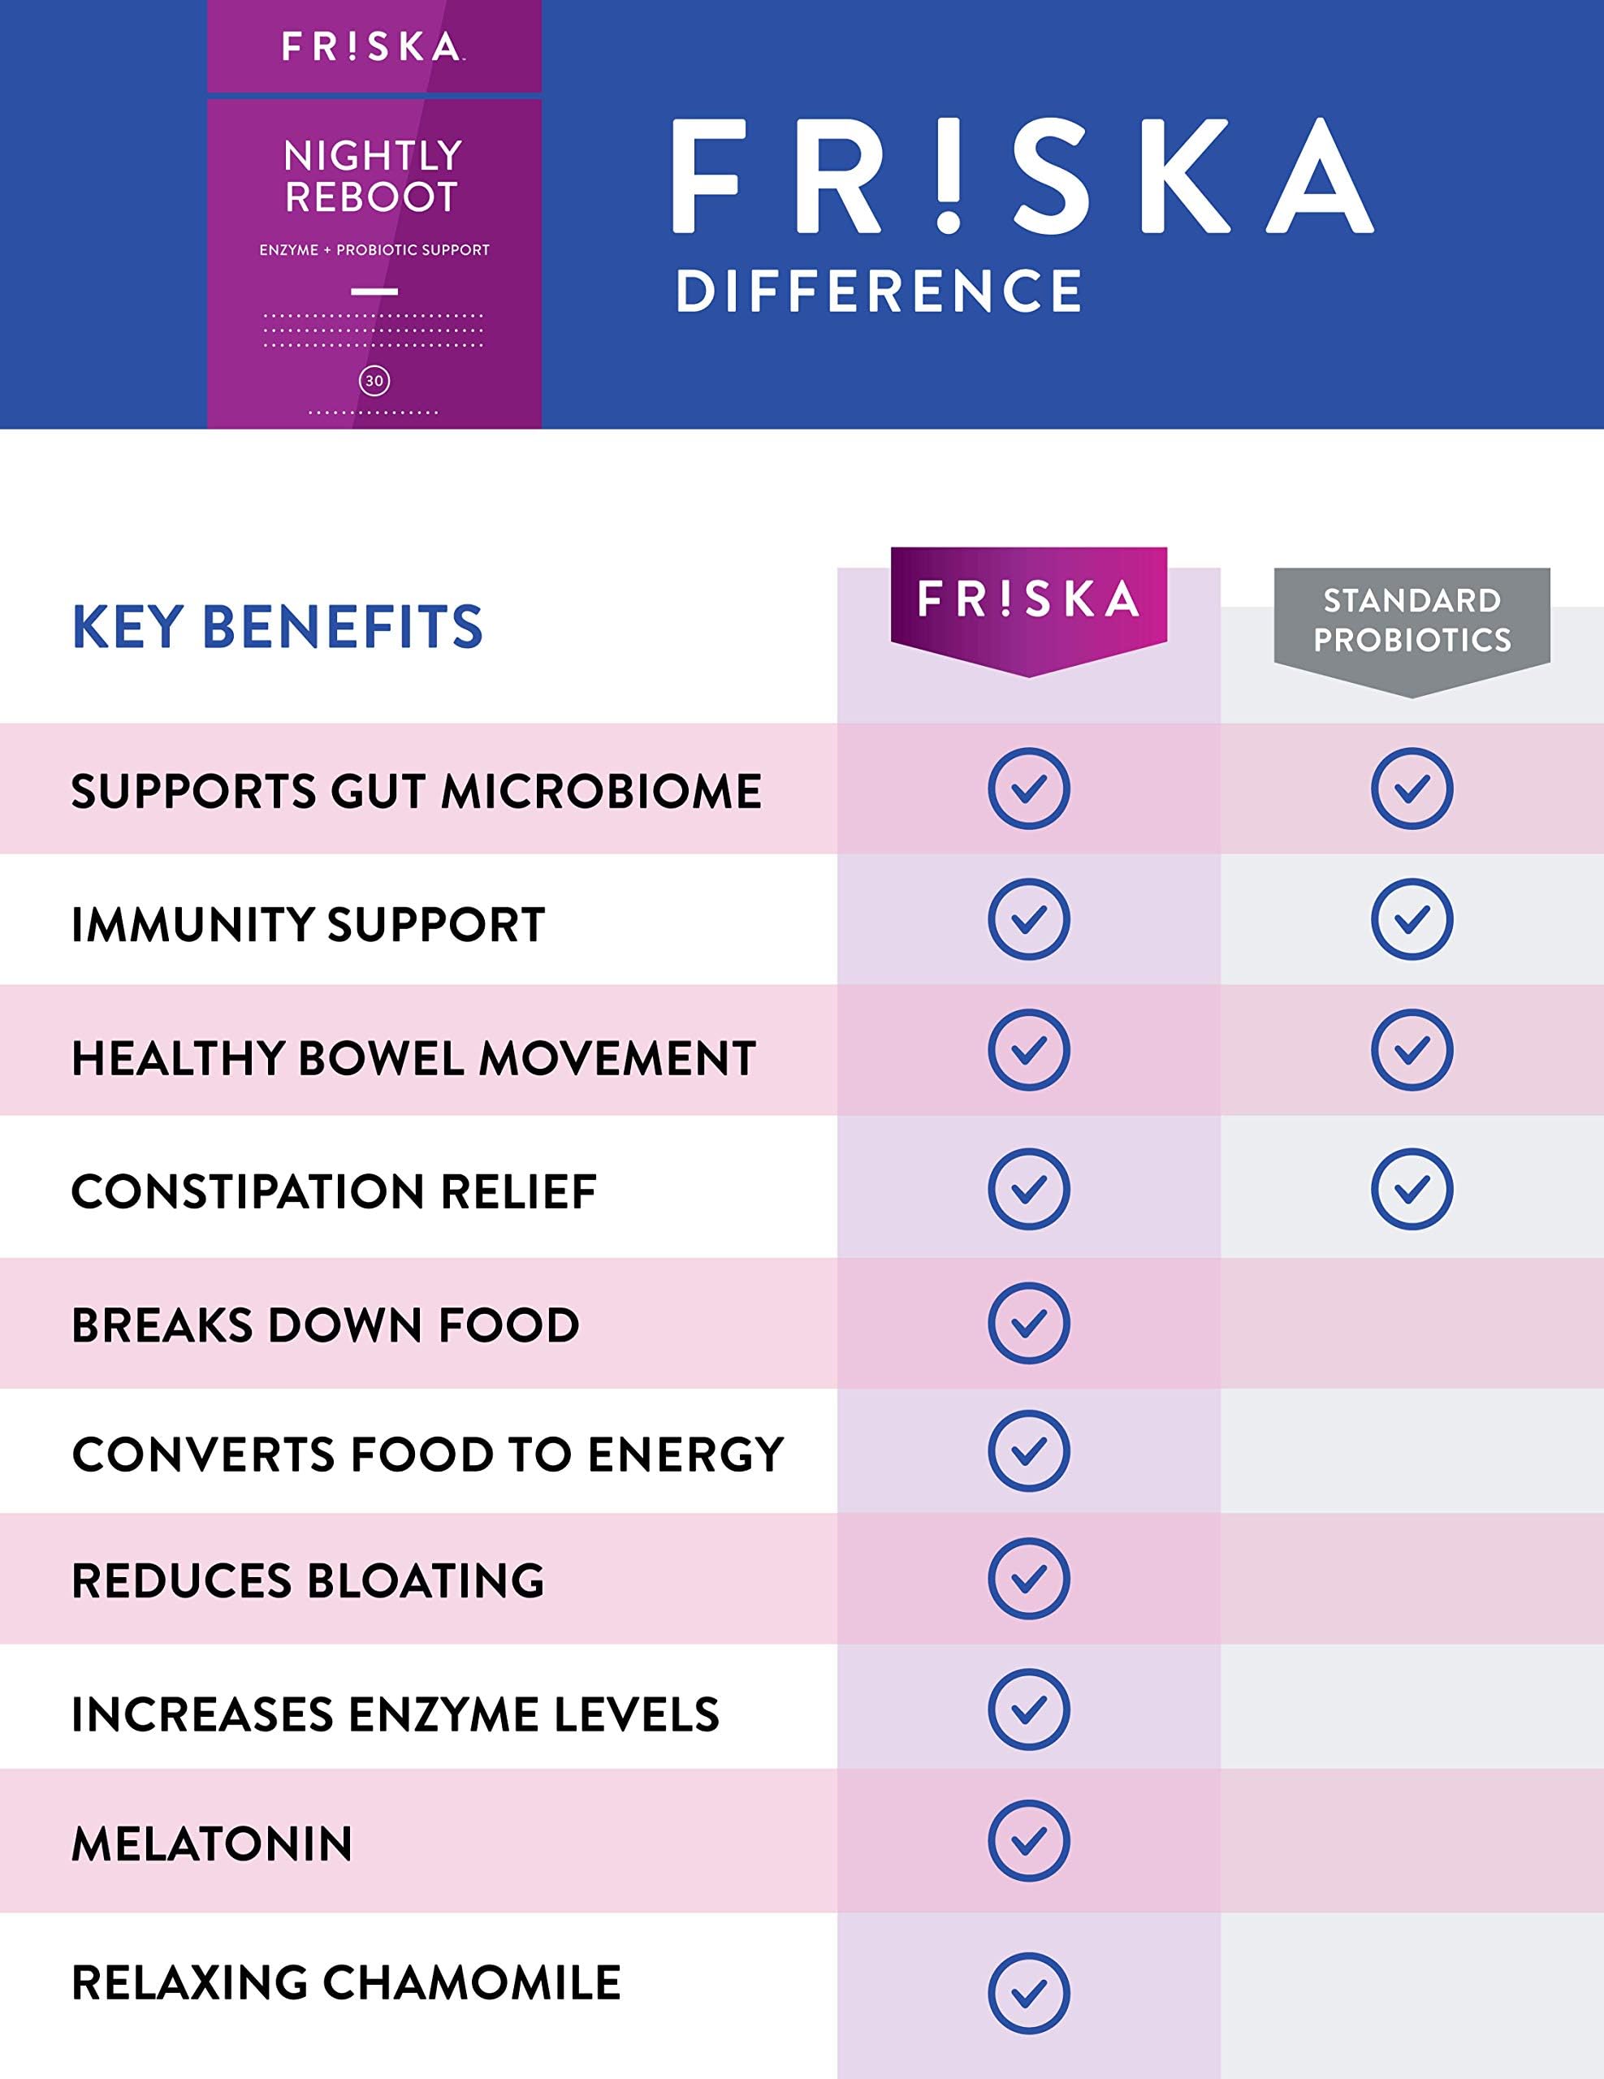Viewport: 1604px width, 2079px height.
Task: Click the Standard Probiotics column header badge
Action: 1412,620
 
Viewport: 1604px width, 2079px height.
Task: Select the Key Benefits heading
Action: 277,626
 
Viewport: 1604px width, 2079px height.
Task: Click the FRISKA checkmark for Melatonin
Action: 1028,1842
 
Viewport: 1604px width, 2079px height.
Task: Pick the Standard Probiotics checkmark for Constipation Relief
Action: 1411,1189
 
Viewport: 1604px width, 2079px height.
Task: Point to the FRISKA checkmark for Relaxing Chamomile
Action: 1028,1994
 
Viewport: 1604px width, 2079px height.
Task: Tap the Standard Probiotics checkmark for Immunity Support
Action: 1411,919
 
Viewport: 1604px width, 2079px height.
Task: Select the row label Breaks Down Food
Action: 326,1324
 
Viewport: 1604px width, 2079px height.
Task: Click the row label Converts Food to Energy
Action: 427,1454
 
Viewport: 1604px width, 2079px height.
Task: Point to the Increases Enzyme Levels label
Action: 395,1714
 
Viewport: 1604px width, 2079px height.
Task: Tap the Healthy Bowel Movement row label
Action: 413,1057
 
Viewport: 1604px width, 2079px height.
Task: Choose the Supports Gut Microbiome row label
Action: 416,791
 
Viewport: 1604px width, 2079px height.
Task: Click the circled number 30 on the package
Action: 374,381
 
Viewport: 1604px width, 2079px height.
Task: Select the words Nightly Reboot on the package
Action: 372,176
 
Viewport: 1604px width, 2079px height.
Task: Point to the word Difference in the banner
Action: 879,291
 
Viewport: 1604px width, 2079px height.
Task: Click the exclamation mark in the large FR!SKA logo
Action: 948,176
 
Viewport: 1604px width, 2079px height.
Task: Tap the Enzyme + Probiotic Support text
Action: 374,249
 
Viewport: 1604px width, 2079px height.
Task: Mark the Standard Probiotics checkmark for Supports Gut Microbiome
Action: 1411,789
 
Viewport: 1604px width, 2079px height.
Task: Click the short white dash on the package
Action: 374,292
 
